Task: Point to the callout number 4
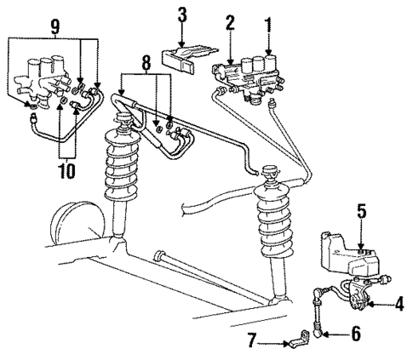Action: [398, 302]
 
